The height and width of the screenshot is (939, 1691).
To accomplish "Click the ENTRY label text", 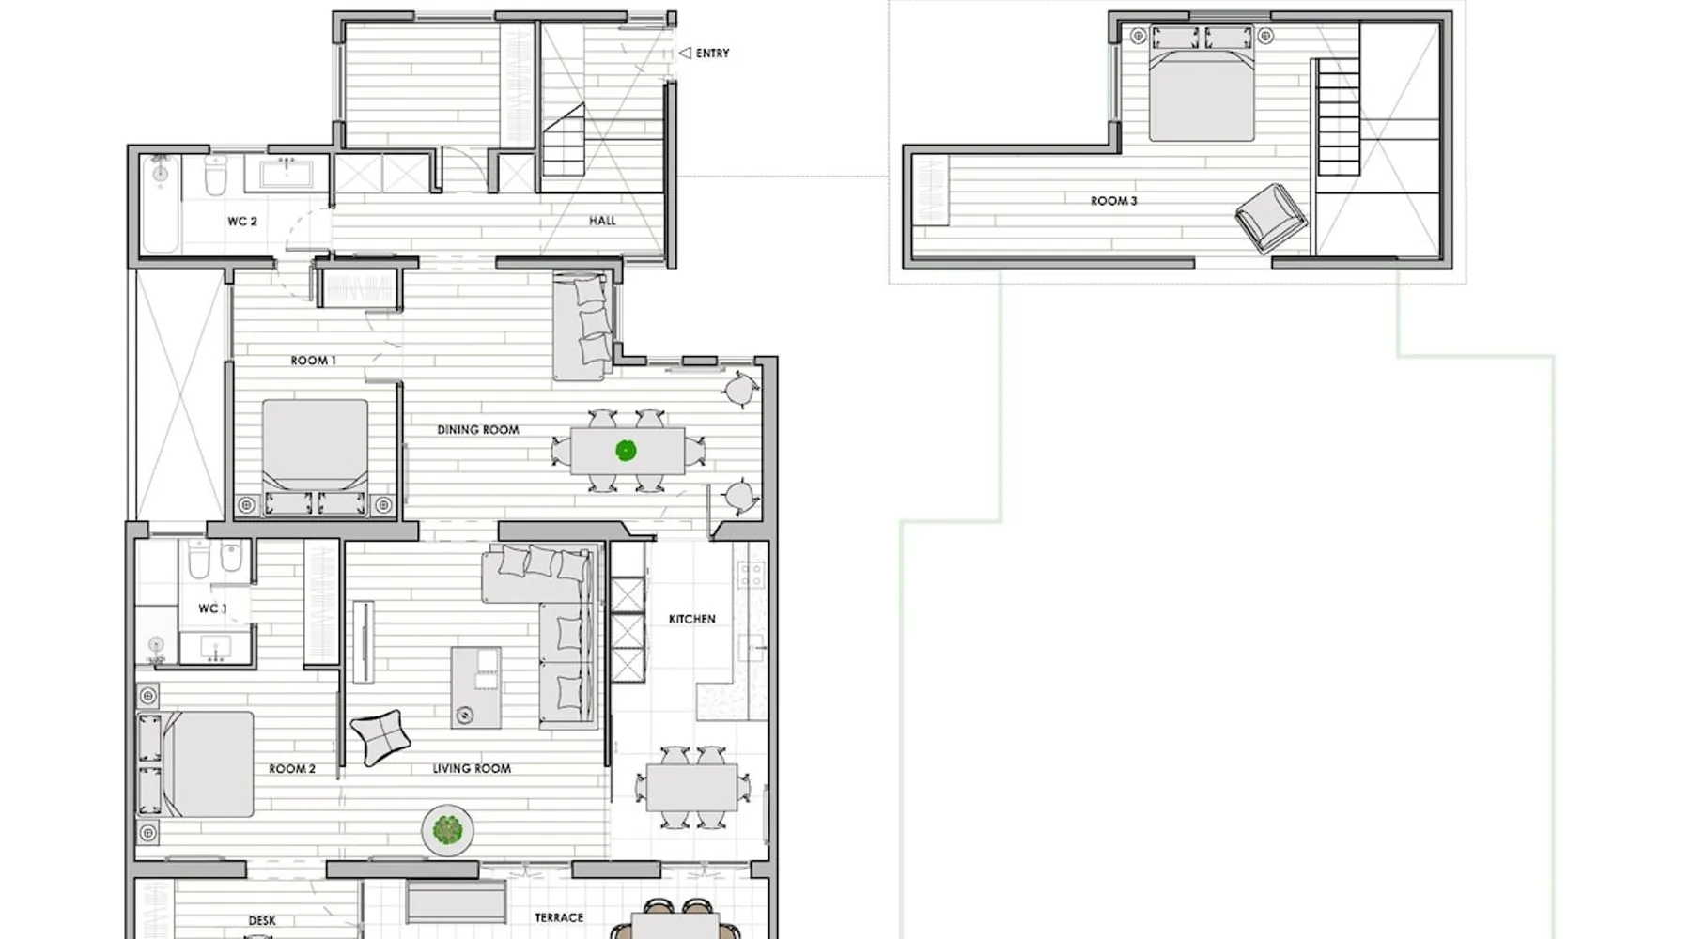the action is click(712, 54).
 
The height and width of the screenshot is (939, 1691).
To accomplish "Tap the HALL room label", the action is click(602, 221).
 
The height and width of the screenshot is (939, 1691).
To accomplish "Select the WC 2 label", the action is click(241, 222).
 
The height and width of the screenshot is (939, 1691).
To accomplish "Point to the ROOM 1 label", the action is click(313, 361).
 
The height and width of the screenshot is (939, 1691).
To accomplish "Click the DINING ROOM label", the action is click(477, 430).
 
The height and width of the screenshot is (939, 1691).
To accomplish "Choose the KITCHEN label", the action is click(691, 619).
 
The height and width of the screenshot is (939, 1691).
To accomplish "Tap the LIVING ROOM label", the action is click(472, 768).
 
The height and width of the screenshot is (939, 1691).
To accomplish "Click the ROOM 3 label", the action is click(1113, 201).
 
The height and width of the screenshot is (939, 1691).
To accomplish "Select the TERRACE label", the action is click(559, 917).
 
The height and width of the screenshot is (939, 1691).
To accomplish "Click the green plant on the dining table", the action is click(626, 451).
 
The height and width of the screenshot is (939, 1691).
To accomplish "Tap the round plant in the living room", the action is click(447, 830).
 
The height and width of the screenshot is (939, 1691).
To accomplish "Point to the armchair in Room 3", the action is click(1270, 218).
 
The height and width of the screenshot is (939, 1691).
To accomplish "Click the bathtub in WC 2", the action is click(161, 205).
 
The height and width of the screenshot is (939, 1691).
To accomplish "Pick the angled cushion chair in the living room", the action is click(380, 737).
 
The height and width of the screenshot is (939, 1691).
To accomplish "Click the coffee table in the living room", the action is click(475, 687).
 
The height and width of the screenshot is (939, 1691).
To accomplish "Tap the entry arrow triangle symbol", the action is click(685, 54).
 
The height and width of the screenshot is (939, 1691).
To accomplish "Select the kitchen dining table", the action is click(691, 788).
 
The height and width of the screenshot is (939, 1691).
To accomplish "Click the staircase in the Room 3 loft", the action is click(1338, 117).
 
